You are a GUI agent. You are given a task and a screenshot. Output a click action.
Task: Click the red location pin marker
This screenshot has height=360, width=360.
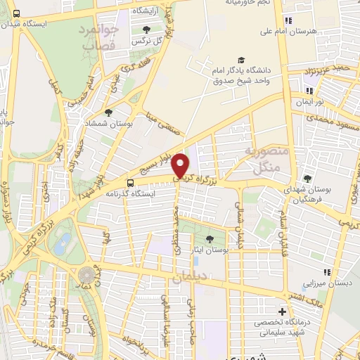pos(181,165)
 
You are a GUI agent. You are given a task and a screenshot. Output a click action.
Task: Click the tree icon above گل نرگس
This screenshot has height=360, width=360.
pos(146,30)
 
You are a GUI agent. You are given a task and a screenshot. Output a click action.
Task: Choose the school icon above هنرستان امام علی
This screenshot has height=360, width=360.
pos(288,20)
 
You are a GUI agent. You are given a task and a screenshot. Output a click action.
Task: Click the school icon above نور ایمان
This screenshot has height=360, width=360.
pos(308,91)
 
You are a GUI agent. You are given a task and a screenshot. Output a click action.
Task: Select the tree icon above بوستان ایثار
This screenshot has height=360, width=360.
pos(212,240)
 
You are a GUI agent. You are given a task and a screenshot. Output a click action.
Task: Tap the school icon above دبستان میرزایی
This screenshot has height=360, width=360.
pos(326,272)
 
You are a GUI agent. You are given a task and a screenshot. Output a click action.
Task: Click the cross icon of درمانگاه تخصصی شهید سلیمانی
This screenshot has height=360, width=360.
pos(283,311)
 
